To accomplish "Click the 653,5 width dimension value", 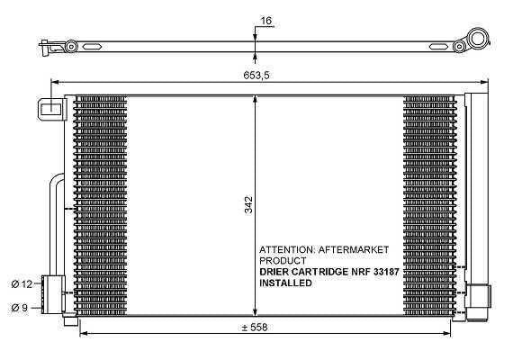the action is (x=256, y=75).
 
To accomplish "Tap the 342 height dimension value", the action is (x=248, y=204).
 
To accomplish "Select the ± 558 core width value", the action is (x=255, y=327).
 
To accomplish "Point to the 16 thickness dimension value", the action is (x=266, y=21).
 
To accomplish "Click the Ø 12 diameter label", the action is (x=22, y=284).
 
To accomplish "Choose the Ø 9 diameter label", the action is (x=19, y=308).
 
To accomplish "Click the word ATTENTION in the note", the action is (x=287, y=250).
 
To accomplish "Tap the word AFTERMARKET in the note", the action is (x=354, y=250).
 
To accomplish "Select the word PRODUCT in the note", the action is (x=283, y=261).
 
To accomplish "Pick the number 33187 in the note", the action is (x=386, y=272).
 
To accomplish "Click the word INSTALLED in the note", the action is (x=285, y=283).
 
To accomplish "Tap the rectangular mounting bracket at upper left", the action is (x=50, y=109).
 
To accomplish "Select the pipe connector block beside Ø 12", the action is (x=53, y=294).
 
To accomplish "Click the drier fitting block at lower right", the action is (x=478, y=297).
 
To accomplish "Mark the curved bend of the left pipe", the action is (x=55, y=180).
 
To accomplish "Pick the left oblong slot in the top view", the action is (x=92, y=47).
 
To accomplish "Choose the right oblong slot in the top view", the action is (x=439, y=47).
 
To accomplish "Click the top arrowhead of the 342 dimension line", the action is (x=255, y=99).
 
